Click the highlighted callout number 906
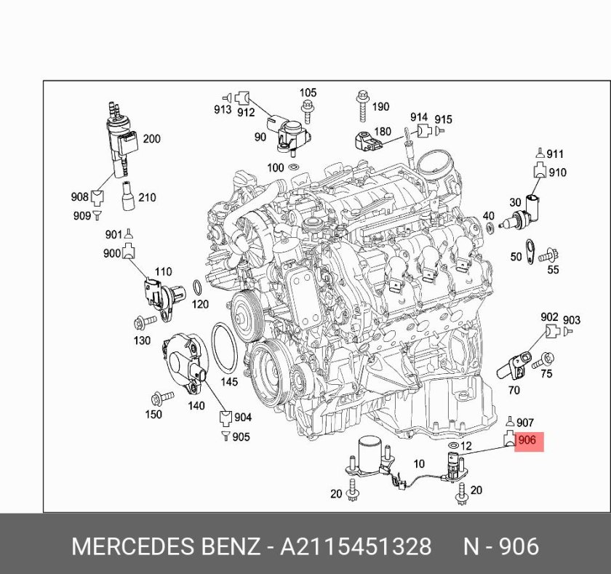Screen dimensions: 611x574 click(527, 440)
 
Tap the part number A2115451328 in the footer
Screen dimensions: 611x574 click(356, 546)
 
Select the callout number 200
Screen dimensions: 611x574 click(151, 139)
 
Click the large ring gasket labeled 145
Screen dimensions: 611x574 click(225, 348)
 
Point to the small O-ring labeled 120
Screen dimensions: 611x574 click(198, 287)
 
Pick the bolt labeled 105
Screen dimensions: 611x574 click(308, 111)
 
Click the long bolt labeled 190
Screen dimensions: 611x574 click(363, 105)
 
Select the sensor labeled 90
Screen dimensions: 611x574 click(289, 134)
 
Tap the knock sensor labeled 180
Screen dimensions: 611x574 click(368, 141)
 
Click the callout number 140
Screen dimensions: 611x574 click(196, 406)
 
